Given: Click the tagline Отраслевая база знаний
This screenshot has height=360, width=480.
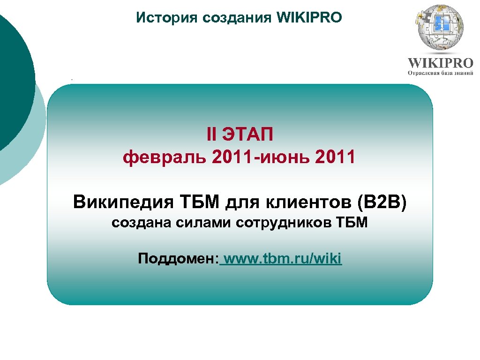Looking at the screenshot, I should tap(440, 73).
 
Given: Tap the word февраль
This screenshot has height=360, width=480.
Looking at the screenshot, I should tap(165, 157).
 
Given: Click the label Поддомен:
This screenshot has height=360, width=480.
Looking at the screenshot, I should tap(179, 258).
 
